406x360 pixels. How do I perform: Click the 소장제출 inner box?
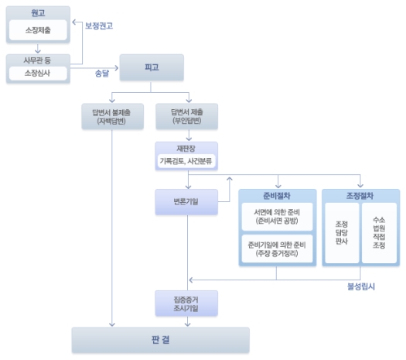(38, 30)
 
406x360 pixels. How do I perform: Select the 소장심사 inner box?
(38, 74)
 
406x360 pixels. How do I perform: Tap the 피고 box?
(152, 67)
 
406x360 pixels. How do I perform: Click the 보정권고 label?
(99, 26)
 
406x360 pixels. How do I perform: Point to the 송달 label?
(102, 74)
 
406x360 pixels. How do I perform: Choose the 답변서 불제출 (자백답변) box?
(113, 116)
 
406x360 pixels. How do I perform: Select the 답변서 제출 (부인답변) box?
(186, 116)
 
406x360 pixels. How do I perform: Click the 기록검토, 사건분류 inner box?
(186, 161)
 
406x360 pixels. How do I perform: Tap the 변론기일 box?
(186, 202)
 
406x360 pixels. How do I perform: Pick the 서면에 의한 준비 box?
(277, 217)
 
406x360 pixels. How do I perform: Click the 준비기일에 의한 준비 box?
(277, 249)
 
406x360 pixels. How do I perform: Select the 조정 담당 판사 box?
(342, 233)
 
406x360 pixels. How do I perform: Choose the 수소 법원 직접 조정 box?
(379, 233)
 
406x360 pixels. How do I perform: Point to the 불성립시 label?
(361, 286)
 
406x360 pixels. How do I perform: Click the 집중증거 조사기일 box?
(186, 303)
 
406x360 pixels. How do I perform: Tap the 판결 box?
(161, 340)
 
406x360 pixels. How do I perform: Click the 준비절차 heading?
(277, 196)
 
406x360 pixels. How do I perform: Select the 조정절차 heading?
(360, 196)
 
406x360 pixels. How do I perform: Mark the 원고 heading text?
(38, 13)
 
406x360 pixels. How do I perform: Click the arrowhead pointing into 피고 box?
(117, 68)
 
